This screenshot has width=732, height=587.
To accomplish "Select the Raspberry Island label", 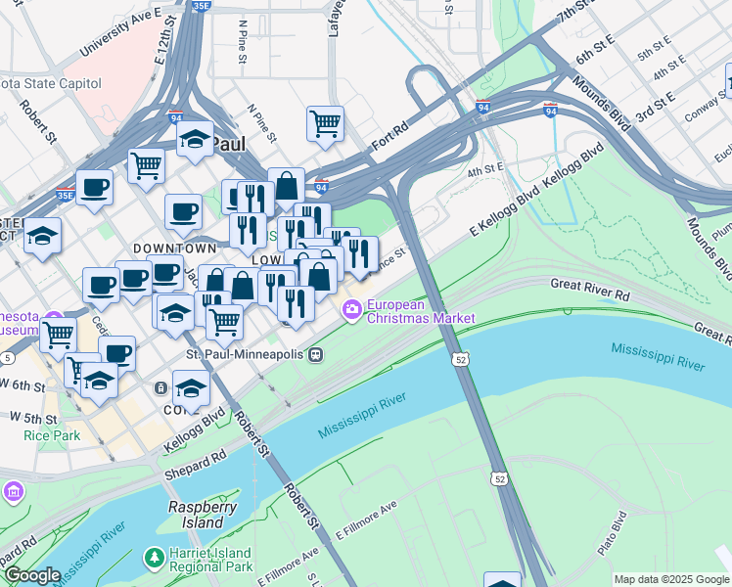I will pos(203,515).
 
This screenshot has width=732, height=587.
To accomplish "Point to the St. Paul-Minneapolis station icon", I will pos(315,353).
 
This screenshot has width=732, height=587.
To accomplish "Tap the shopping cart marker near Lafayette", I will pos(325,123).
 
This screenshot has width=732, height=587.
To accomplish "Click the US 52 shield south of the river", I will pos(500,478).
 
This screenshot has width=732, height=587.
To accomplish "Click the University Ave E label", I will pos(121,31).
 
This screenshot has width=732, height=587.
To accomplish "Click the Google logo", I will pos(32,575).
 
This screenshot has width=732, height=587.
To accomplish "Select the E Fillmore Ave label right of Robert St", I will pos(367,520).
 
